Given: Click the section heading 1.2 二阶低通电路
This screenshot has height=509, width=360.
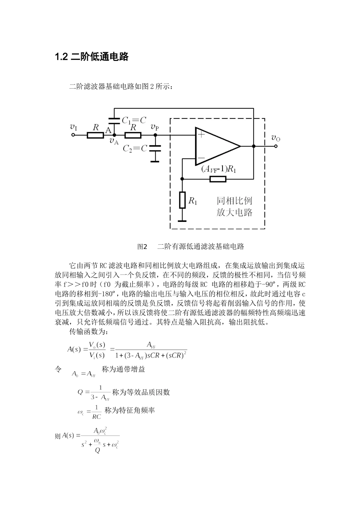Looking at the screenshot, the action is point(92,57).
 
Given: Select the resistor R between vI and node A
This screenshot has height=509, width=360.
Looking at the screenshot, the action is point(95,135).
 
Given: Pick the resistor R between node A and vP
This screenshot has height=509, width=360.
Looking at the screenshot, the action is point(133,135).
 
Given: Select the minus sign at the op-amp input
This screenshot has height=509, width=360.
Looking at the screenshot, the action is point(201,158).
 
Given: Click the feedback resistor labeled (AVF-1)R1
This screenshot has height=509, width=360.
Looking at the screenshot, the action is point(218,179).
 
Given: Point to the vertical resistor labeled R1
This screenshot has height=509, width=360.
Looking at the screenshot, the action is point(182,200).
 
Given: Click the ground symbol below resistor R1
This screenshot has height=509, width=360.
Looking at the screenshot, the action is point(182,220).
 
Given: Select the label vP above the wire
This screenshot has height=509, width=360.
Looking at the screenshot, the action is point(155,127).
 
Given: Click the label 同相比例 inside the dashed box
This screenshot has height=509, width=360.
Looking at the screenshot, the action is point(234,200).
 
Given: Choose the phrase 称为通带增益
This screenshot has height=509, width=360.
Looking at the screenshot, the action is point(124,369).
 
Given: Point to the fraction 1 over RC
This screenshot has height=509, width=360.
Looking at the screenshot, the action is point(97,412).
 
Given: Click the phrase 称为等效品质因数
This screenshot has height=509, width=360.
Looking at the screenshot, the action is point(141,392).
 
